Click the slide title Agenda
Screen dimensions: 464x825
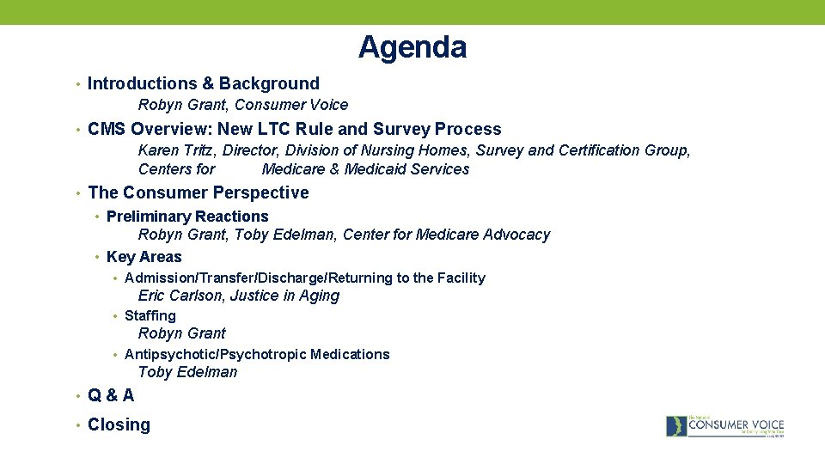412,47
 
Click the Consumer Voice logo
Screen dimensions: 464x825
724,425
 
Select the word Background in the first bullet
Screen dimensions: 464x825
269,83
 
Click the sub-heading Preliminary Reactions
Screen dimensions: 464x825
187,217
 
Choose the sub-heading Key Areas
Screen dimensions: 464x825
144,257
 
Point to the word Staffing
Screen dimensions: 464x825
150,315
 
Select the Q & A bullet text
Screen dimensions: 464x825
111,395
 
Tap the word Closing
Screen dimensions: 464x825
119,424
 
